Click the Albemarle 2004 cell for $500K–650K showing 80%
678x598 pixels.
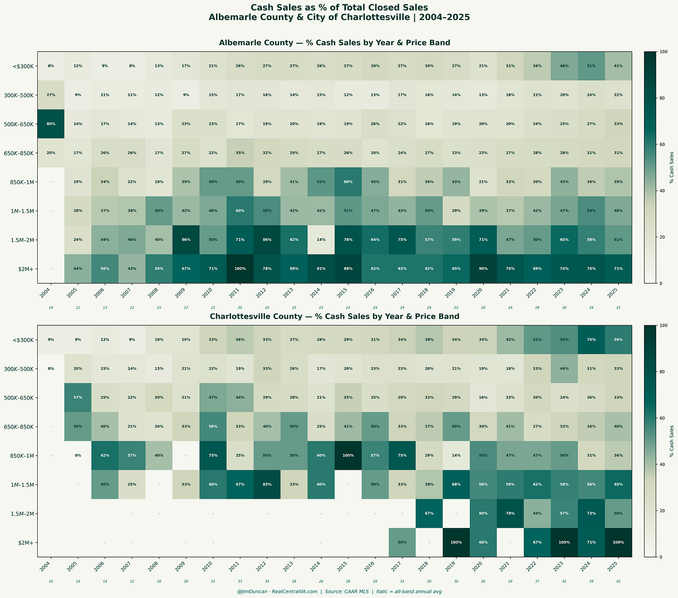tap(51, 124)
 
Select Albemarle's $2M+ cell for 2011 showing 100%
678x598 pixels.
tap(240, 268)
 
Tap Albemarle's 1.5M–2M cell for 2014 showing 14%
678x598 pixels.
tap(321, 240)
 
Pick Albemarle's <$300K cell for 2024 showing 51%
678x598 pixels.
tap(591, 66)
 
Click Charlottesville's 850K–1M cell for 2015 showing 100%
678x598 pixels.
tap(348, 455)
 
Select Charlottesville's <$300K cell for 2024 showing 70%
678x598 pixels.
tap(591, 340)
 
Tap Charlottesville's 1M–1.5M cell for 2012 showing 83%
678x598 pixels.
tap(267, 484)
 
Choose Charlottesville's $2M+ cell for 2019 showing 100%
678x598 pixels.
tap(456, 543)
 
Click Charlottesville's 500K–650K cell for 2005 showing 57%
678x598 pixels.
tap(78, 398)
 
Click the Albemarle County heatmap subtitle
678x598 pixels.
tap(334, 43)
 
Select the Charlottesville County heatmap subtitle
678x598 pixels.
tap(334, 316)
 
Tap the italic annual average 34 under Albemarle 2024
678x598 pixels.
tap(591, 308)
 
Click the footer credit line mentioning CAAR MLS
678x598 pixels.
tap(339, 591)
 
